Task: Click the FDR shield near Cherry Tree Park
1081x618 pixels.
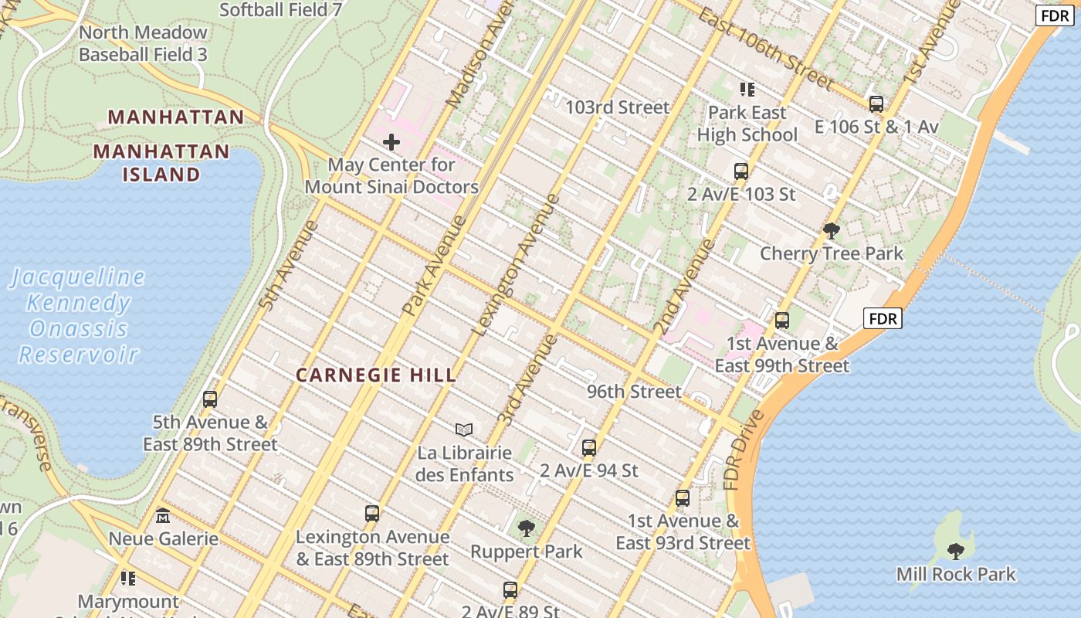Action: [882, 318]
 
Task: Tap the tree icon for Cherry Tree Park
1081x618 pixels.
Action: [832, 230]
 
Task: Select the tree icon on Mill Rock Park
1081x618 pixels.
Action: [955, 552]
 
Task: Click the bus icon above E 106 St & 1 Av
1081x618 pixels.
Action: [876, 104]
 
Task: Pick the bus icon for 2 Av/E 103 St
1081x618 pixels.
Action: [740, 171]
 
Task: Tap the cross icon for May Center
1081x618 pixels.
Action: [391, 142]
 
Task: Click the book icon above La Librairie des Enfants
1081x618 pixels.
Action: [463, 430]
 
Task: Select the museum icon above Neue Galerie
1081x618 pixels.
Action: [162, 515]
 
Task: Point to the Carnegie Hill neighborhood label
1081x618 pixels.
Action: [376, 375]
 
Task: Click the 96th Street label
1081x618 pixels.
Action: [634, 392]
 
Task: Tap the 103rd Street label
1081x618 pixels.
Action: [617, 107]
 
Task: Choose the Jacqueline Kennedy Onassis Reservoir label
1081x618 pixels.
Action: [77, 315]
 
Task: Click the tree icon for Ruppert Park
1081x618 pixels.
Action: [526, 528]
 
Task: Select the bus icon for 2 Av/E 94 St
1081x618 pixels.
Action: [588, 447]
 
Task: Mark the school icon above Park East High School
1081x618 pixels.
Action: [747, 90]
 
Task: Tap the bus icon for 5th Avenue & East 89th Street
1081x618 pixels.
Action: [209, 399]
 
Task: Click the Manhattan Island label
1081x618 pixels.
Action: [161, 162]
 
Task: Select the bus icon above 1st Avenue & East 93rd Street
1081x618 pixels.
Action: [682, 498]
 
